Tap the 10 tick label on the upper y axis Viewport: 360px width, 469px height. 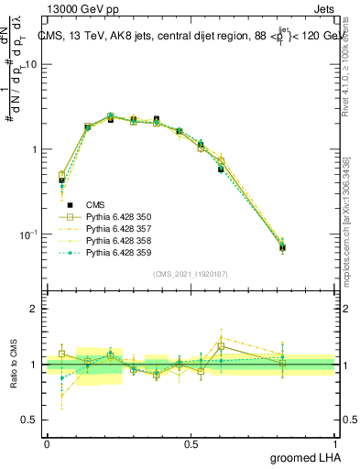click(31, 65)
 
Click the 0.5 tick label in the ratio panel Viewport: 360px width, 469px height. click(31, 420)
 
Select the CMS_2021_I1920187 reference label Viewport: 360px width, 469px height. click(190, 273)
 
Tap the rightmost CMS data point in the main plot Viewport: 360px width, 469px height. click(308, 247)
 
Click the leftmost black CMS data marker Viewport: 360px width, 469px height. click(61, 180)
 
